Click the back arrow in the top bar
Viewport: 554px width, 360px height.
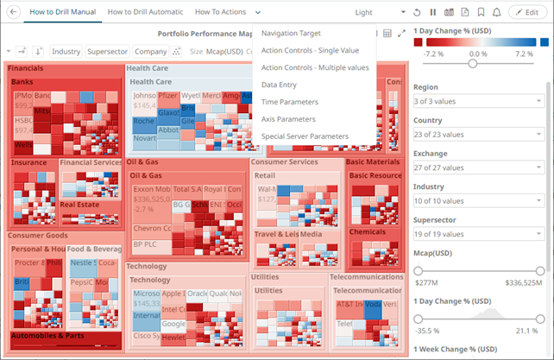(x=14, y=13)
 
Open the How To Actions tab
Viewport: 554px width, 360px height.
(x=220, y=13)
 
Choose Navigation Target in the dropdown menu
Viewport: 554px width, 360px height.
(x=291, y=34)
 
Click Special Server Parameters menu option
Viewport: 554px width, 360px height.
(x=305, y=136)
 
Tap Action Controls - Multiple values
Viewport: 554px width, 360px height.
(x=315, y=67)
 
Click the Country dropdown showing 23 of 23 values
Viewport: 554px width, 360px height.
(x=477, y=135)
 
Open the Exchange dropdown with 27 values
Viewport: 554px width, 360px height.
(x=477, y=167)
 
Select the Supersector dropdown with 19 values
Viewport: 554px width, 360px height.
(x=477, y=233)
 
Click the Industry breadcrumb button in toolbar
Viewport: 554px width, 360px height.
(x=66, y=52)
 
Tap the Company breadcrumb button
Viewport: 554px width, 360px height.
(x=150, y=52)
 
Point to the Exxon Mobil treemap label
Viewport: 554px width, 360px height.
(x=152, y=189)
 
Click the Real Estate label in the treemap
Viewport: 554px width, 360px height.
(x=80, y=205)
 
